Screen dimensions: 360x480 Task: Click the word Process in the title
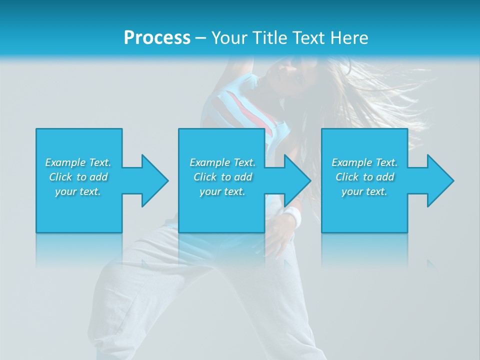tap(157, 37)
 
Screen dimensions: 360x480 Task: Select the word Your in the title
tap(228, 37)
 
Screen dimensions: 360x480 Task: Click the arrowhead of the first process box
tap(154, 180)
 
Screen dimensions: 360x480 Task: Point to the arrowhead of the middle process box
tap(297, 180)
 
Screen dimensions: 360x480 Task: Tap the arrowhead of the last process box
tap(440, 180)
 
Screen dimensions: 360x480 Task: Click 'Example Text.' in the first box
tap(78, 162)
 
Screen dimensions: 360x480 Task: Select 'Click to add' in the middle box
tap(222, 177)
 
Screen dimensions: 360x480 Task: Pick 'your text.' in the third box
tap(364, 191)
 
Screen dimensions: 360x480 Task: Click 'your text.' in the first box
tap(78, 191)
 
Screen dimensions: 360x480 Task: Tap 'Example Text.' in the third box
tap(364, 162)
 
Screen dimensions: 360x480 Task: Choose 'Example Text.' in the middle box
tap(222, 162)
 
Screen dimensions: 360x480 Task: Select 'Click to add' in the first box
tap(78, 177)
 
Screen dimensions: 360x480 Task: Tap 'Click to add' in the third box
tap(364, 177)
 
